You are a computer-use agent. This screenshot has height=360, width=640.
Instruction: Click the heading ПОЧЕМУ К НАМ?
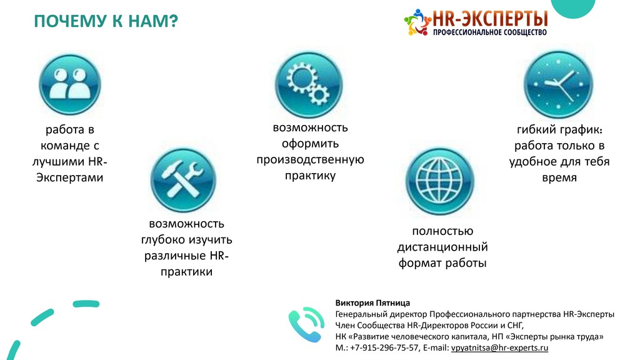click(106, 21)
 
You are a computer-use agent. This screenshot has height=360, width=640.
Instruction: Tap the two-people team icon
click(70, 85)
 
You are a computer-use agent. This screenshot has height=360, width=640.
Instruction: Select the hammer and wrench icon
click(183, 180)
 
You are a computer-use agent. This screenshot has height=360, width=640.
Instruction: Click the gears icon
click(309, 85)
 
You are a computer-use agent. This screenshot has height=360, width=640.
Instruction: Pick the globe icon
click(439, 181)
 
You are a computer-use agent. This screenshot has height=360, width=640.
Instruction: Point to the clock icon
click(558, 85)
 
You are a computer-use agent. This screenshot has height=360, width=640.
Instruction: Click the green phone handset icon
click(306, 324)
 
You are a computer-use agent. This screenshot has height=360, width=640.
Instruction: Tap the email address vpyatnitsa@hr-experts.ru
click(499, 347)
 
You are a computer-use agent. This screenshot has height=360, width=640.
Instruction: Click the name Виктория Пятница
click(372, 303)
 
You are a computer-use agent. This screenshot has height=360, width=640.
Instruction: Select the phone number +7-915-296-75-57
click(384, 347)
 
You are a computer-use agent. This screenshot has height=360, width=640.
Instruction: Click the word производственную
click(310, 159)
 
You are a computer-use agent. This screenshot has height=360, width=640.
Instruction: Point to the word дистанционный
click(442, 247)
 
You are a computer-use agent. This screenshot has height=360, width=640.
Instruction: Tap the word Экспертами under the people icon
click(70, 177)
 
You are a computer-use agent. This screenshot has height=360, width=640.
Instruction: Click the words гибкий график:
click(559, 130)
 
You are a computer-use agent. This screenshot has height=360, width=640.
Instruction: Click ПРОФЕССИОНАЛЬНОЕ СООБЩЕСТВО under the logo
click(490, 32)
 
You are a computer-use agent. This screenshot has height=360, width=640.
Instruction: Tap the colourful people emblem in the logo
click(417, 22)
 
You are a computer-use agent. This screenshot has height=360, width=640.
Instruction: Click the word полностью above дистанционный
click(442, 231)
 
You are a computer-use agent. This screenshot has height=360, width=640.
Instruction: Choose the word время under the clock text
click(559, 178)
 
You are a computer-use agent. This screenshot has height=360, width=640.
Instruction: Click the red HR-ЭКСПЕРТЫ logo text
click(490, 18)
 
